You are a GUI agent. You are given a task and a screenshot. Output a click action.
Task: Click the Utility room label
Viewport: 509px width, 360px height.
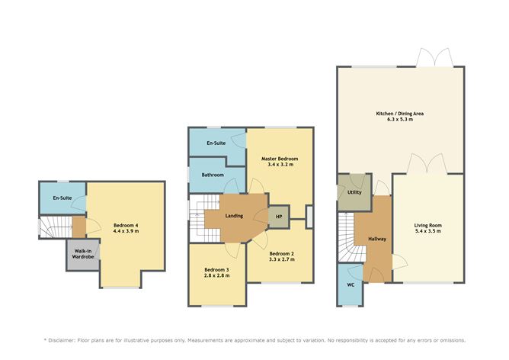point(354,193)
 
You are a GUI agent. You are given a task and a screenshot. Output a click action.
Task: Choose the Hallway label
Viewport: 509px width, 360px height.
point(377,239)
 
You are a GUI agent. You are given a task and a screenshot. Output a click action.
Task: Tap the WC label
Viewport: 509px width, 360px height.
point(351,285)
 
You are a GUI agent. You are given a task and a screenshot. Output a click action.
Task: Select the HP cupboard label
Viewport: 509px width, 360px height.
point(279,216)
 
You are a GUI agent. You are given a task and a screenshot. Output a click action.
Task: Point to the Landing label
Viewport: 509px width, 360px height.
point(234,216)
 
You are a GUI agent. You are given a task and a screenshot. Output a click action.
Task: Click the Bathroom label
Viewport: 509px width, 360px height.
point(213,175)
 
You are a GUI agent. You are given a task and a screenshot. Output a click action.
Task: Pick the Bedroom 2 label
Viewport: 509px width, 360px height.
point(281,253)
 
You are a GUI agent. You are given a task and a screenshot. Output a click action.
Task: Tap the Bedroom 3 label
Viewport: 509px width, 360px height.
point(216,270)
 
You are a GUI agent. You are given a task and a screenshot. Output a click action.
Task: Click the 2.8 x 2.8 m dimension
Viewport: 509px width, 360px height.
point(216,277)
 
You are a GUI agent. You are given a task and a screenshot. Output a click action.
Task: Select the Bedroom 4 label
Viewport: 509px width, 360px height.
point(126,225)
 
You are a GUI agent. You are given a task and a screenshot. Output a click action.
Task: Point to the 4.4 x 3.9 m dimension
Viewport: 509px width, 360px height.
point(126,232)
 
